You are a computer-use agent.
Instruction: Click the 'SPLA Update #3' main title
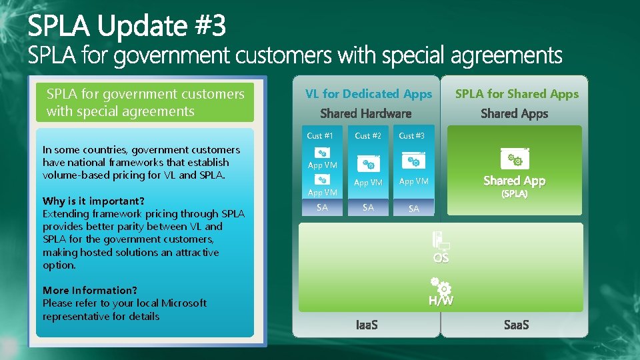(x=127, y=27)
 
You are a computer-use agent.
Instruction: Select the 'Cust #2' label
(x=368, y=136)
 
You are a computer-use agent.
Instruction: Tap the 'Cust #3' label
(x=411, y=136)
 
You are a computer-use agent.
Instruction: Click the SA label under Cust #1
(x=322, y=207)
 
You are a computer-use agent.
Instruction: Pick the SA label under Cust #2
(x=368, y=207)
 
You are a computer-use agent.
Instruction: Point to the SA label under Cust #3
(x=413, y=209)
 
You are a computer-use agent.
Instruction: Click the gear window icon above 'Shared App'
(x=514, y=158)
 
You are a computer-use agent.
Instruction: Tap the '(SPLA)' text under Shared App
(x=514, y=194)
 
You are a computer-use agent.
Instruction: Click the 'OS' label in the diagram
(x=441, y=258)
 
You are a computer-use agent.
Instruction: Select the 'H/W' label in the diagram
(x=441, y=301)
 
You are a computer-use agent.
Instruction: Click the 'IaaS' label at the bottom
(x=367, y=325)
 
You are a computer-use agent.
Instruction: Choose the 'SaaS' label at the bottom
(x=515, y=325)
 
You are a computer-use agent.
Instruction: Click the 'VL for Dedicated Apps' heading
(x=368, y=94)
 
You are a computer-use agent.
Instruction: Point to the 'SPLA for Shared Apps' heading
(x=517, y=94)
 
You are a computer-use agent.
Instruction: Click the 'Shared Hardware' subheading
(x=366, y=113)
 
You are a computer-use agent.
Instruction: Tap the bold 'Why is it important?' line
(x=94, y=201)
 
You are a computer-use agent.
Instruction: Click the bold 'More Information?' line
(x=90, y=290)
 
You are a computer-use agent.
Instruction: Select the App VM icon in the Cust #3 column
(x=413, y=161)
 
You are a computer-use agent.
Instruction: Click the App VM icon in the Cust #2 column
(x=368, y=163)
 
